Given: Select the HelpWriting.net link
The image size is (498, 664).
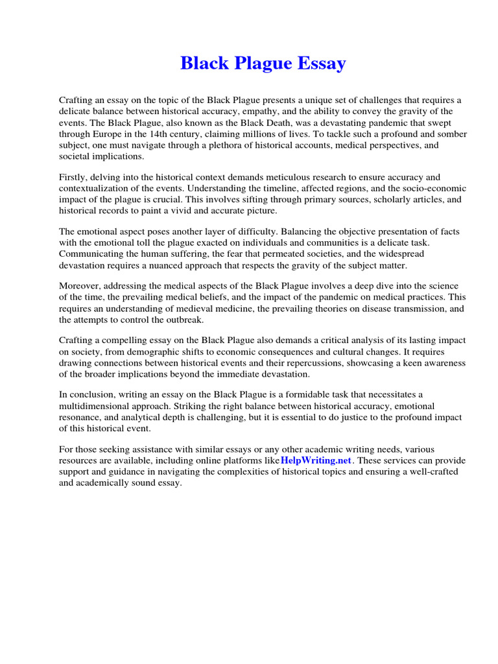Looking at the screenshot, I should (x=316, y=460).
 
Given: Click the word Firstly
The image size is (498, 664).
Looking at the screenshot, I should (x=73, y=177).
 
